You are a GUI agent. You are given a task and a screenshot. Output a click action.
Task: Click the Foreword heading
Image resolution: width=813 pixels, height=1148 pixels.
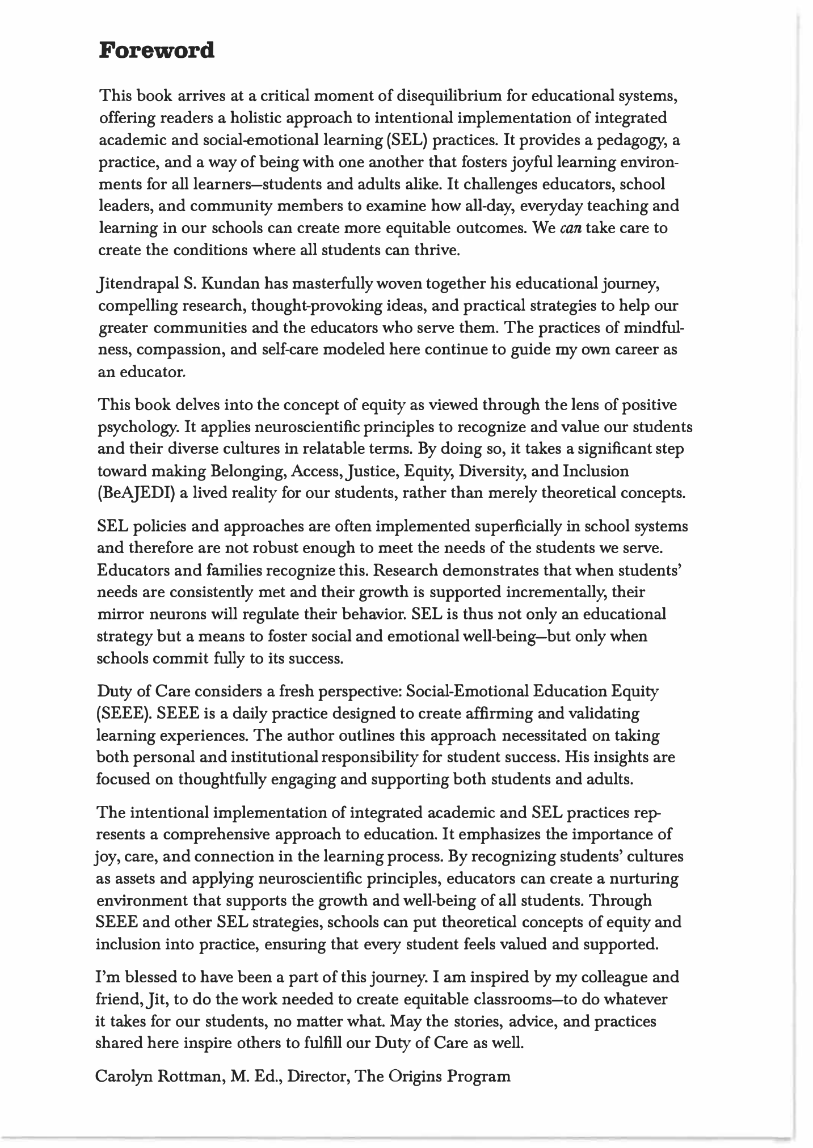click(157, 50)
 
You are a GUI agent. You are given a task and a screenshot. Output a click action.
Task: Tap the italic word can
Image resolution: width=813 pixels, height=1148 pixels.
click(569, 228)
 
